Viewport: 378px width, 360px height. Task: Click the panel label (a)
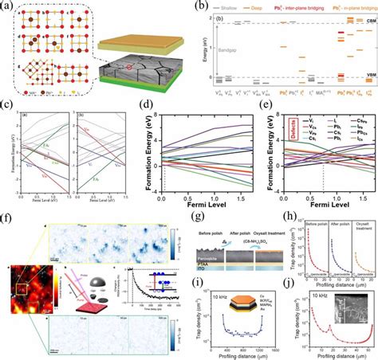6,6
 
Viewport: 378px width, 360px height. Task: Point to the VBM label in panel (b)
368,78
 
